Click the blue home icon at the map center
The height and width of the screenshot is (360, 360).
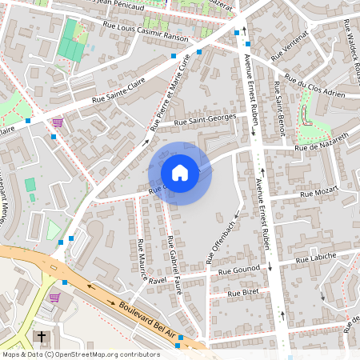pos(180,172)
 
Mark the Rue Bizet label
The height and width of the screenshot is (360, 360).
pos(244,294)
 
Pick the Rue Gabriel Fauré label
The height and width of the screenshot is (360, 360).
pos(175,266)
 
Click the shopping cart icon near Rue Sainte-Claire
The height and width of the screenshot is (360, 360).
pos(58,123)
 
